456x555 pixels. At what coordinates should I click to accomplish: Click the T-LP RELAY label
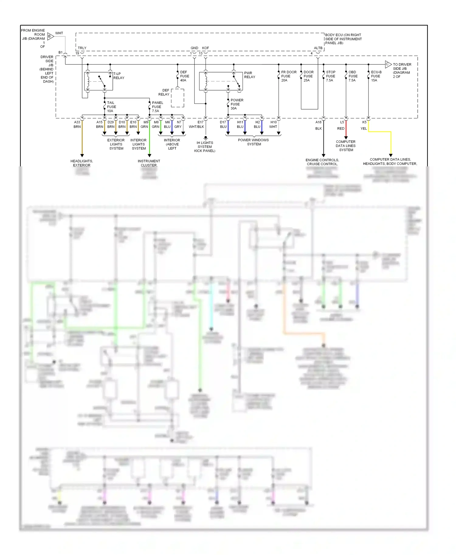click(x=119, y=76)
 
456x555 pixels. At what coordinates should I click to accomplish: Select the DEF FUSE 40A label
click(x=184, y=76)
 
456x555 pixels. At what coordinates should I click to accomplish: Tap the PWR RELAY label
click(x=250, y=75)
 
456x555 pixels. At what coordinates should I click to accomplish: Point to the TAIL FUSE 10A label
click(x=111, y=107)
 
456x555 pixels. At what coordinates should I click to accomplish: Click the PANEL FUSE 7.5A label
click(x=157, y=107)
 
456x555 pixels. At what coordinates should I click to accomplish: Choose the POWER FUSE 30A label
click(x=237, y=104)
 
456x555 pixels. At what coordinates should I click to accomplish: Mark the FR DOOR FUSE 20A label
click(x=288, y=76)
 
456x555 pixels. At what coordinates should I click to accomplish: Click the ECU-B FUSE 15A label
click(x=376, y=76)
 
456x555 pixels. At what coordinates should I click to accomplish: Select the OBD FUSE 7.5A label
click(x=353, y=76)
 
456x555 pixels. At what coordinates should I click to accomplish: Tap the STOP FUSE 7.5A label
click(x=330, y=76)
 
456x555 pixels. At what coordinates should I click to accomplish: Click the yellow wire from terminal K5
click(x=380, y=132)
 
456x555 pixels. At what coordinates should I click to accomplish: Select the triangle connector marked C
click(x=388, y=64)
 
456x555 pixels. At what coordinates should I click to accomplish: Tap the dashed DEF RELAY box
click(x=178, y=98)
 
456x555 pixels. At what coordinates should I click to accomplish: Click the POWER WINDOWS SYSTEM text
click(x=254, y=142)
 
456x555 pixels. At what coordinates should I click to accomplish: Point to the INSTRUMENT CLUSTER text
click(x=149, y=163)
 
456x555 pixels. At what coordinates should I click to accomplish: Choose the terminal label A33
click(x=77, y=122)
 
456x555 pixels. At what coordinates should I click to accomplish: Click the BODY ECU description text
click(x=343, y=39)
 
